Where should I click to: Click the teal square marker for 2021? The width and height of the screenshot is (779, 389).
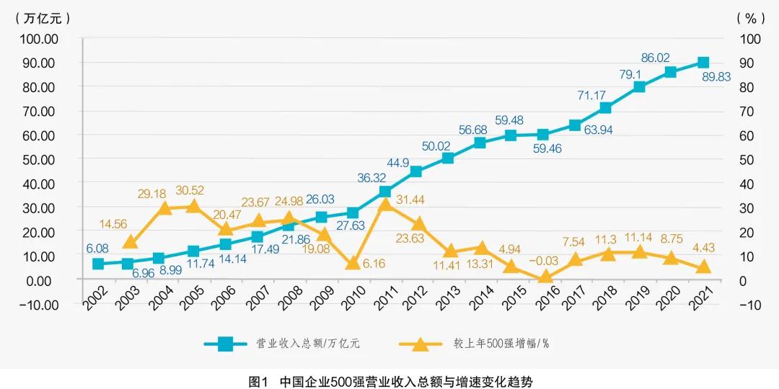tap(703, 63)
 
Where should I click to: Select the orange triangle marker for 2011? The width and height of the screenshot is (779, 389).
tap(385, 205)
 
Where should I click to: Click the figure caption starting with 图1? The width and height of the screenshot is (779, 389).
tap(389, 380)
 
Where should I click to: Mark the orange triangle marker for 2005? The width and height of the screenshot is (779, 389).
tap(193, 207)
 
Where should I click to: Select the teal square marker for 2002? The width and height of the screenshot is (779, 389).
tap(98, 264)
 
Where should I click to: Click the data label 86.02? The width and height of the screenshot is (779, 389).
tap(656, 57)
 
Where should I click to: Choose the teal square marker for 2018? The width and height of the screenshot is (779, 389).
tap(606, 108)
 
